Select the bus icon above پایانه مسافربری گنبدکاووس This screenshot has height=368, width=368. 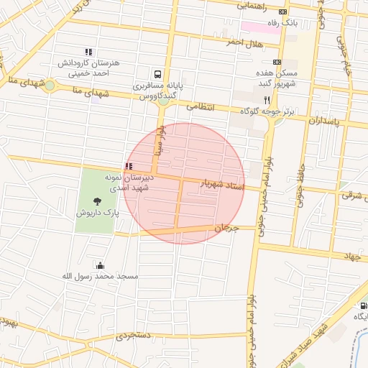(157, 74)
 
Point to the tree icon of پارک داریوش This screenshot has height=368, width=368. (97, 203)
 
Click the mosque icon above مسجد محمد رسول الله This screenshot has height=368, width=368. (99, 265)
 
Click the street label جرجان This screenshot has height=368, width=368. (225, 228)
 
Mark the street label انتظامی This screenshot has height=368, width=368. (201, 106)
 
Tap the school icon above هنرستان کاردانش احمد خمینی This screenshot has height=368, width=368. (88, 52)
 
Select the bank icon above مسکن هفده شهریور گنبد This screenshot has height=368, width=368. (277, 63)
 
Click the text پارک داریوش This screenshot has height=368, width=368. (95, 213)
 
